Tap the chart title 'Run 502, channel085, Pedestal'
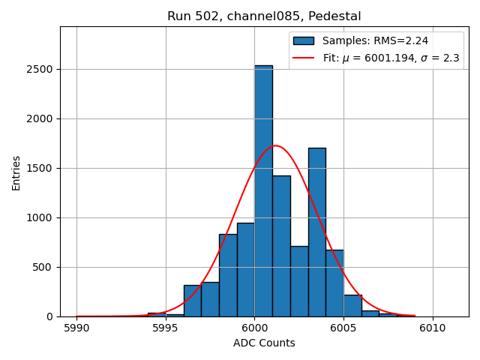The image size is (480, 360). coord(264,16)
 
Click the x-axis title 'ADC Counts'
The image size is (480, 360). coord(264,343)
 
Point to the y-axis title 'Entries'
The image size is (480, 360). coord(16,172)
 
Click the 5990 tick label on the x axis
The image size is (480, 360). coord(76,328)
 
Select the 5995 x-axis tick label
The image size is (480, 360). coord(165,328)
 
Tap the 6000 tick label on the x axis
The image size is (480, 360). coord(254,328)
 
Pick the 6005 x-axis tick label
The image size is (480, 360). coord(343,328)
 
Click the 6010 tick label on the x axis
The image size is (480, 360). coord(432,328)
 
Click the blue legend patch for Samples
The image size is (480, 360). coord(304,40)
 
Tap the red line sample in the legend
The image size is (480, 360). coord(304,58)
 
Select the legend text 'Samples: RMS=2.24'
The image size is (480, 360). coord(374,40)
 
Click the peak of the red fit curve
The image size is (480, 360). coord(275,145)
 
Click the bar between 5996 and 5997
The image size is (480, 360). coord(192,301)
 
